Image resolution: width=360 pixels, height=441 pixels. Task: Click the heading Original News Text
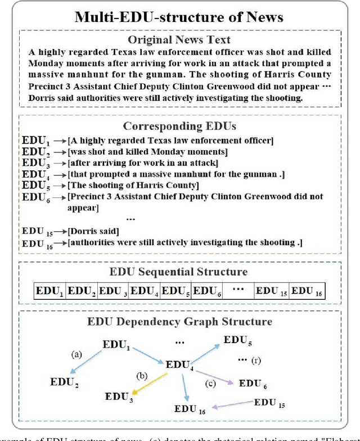pyautogui.click(x=179, y=39)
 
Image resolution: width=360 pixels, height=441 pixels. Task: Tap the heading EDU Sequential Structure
pyautogui.click(x=179, y=272)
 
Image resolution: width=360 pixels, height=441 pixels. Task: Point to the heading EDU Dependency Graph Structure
pyautogui.click(x=179, y=322)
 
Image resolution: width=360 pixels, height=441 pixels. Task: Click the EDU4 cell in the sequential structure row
pyautogui.click(x=145, y=291)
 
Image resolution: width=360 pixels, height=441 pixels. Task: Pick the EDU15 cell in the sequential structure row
pyautogui.click(x=271, y=291)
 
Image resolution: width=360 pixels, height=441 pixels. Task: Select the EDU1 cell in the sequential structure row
pyautogui.click(x=49, y=291)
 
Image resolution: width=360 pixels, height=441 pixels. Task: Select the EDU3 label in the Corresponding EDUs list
pyautogui.click(x=37, y=164)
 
